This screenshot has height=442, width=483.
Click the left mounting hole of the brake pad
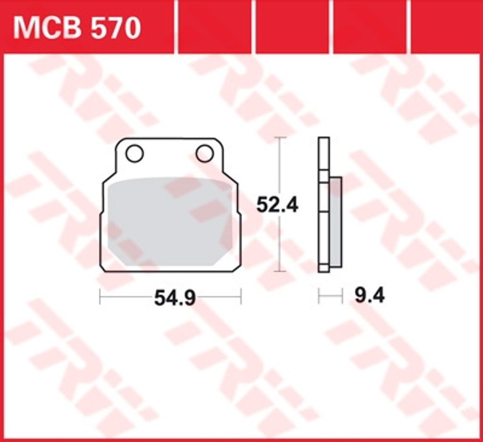click(x=134, y=153)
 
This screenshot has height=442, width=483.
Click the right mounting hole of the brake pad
click(x=205, y=153)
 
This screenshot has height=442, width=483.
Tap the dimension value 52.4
click(x=277, y=205)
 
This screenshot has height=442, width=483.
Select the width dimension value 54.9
click(x=175, y=298)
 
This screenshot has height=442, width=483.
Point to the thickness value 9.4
click(x=370, y=296)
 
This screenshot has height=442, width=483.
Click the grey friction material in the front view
click(x=170, y=222)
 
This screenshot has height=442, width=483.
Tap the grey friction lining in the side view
click(x=335, y=222)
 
